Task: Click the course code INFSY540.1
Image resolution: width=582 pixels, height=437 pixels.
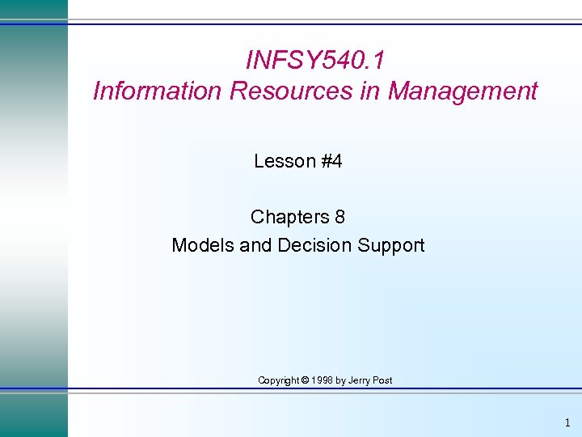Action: [x=314, y=61]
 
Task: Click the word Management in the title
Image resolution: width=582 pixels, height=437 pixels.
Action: [x=462, y=91]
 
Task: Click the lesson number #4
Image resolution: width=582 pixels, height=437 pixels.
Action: [x=331, y=161]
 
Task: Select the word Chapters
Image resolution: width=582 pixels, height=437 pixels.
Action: [x=288, y=217]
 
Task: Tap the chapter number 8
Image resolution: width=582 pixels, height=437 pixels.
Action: [x=339, y=217]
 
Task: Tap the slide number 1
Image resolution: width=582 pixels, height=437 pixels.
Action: [x=567, y=422]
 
